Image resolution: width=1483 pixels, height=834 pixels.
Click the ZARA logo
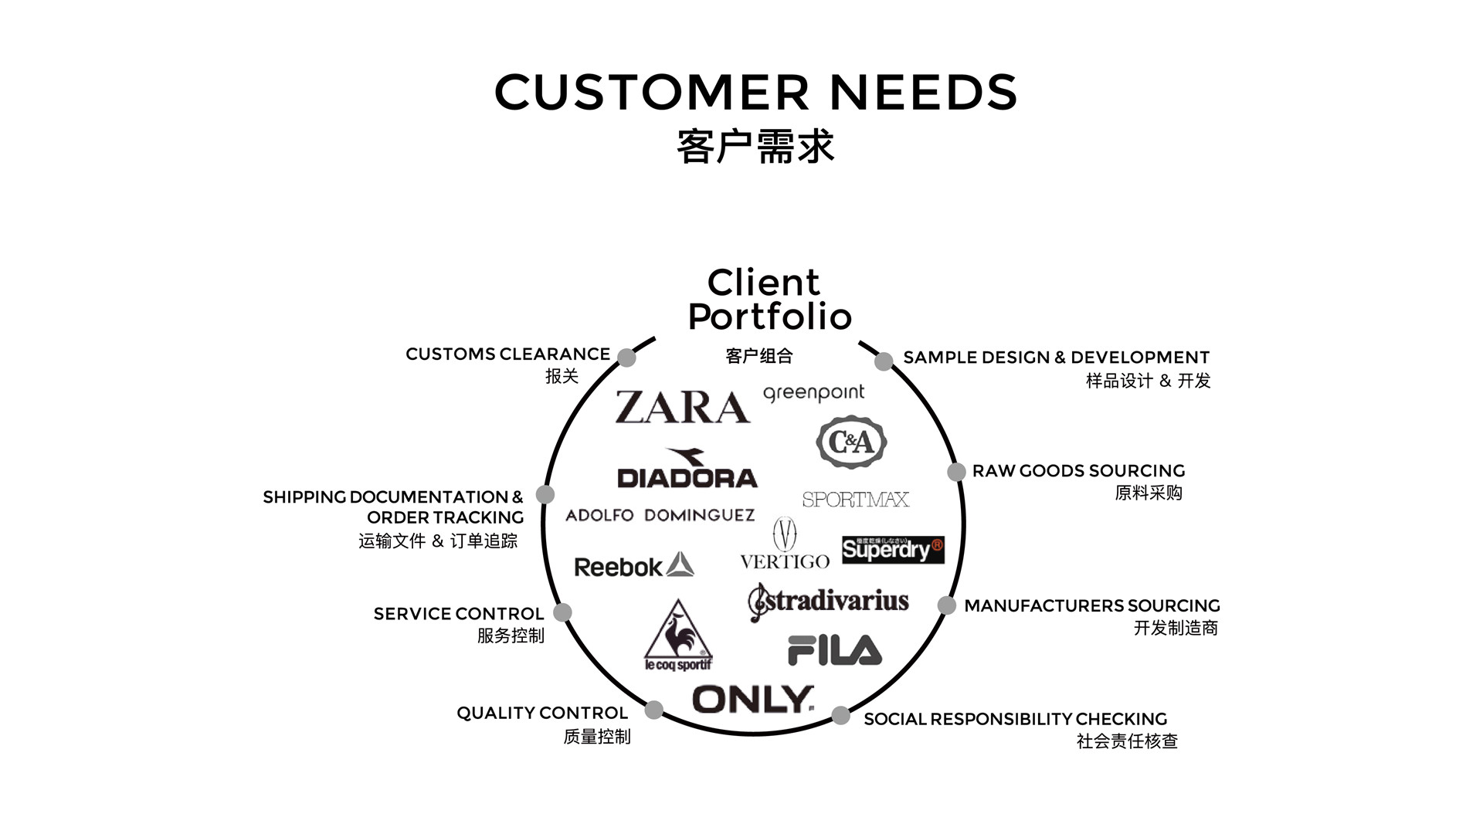(682, 407)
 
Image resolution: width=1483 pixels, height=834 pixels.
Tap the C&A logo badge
(851, 442)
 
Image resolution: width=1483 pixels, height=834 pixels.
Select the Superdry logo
(893, 550)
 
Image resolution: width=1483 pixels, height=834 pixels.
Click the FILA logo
(834, 650)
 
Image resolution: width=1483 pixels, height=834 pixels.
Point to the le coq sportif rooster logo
(677, 635)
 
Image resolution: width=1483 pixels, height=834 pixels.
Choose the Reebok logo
(633, 566)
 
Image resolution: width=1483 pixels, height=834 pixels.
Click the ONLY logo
(753, 700)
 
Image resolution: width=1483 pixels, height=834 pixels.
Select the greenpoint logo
(813, 393)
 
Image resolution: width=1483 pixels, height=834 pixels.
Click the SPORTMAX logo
(855, 500)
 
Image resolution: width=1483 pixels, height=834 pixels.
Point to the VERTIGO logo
(785, 545)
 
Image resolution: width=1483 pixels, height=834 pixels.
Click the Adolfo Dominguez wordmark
(660, 515)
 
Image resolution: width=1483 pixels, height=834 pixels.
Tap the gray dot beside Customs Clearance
(626, 358)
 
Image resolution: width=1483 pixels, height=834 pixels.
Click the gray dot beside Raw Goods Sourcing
(956, 472)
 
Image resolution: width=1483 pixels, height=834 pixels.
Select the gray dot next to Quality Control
(653, 710)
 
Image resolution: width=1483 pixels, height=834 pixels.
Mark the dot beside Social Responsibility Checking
(840, 716)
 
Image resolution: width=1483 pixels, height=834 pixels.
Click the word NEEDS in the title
(923, 92)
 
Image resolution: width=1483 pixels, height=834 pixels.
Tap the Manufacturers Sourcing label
(1091, 606)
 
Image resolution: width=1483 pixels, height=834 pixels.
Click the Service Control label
(458, 614)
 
